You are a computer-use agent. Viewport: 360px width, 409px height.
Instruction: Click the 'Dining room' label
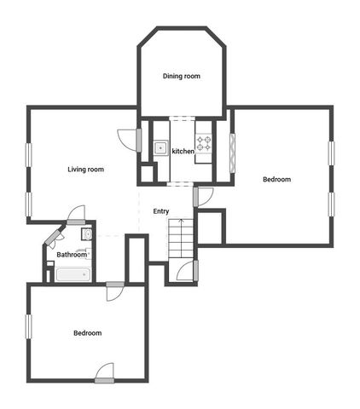pos(181,77)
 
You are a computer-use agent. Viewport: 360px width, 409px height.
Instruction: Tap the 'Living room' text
pos(85,170)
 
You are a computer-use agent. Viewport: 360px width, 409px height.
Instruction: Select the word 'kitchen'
pos(183,152)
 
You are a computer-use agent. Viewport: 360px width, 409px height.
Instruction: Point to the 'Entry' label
pos(160,211)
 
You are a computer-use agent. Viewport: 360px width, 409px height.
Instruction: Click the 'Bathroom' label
pos(72,254)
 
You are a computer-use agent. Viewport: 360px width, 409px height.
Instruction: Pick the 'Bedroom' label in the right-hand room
pos(276,180)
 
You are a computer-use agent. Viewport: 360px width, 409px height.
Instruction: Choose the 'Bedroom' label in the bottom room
pos(87,333)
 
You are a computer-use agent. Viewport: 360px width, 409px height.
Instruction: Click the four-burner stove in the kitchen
pos(203,143)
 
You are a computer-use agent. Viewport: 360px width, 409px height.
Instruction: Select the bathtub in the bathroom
pos(73,274)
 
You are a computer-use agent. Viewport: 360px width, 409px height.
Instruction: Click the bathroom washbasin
pos(87,234)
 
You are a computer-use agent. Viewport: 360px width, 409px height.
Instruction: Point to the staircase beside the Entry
pos(181,239)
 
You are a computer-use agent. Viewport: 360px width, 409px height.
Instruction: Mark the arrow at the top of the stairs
pos(180,223)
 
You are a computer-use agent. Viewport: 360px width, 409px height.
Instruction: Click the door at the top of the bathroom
pos(76,215)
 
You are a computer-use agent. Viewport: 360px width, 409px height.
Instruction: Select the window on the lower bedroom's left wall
pos(28,326)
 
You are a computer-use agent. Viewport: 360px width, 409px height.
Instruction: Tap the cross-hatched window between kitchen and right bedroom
pos(232,153)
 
